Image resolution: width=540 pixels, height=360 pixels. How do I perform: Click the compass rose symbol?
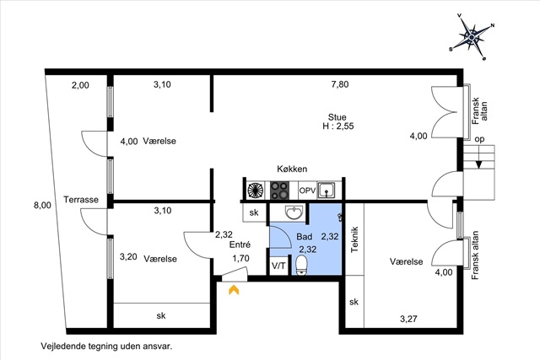click(x=472, y=36)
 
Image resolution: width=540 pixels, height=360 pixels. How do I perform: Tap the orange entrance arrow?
click(x=234, y=290)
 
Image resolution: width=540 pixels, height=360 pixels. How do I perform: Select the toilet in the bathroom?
click(x=302, y=265)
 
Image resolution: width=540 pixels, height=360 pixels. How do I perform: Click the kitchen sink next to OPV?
click(x=326, y=190)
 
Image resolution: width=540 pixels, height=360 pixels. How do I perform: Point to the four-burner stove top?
click(x=279, y=191)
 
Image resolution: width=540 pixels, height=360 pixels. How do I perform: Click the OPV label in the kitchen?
click(x=307, y=191)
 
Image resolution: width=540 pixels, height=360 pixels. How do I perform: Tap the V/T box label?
click(x=278, y=266)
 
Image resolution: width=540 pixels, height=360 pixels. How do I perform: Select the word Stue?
click(x=337, y=117)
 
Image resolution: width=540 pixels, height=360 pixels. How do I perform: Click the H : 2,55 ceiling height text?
click(x=337, y=126)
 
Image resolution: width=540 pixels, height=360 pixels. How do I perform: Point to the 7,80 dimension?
click(x=340, y=84)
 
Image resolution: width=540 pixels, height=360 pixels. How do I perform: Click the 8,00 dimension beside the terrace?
click(x=42, y=206)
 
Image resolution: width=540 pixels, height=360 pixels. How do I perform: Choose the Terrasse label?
click(x=81, y=200)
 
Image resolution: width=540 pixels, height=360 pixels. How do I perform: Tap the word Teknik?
click(x=354, y=239)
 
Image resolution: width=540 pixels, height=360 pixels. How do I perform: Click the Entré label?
click(x=240, y=244)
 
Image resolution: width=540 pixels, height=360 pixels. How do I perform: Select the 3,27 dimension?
click(x=408, y=319)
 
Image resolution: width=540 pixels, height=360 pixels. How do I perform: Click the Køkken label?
click(x=292, y=169)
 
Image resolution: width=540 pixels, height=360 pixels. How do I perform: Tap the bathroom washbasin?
click(x=294, y=212)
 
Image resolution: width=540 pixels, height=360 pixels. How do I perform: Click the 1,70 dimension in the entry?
click(x=240, y=258)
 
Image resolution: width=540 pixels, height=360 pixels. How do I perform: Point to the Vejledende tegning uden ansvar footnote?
click(x=106, y=346)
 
